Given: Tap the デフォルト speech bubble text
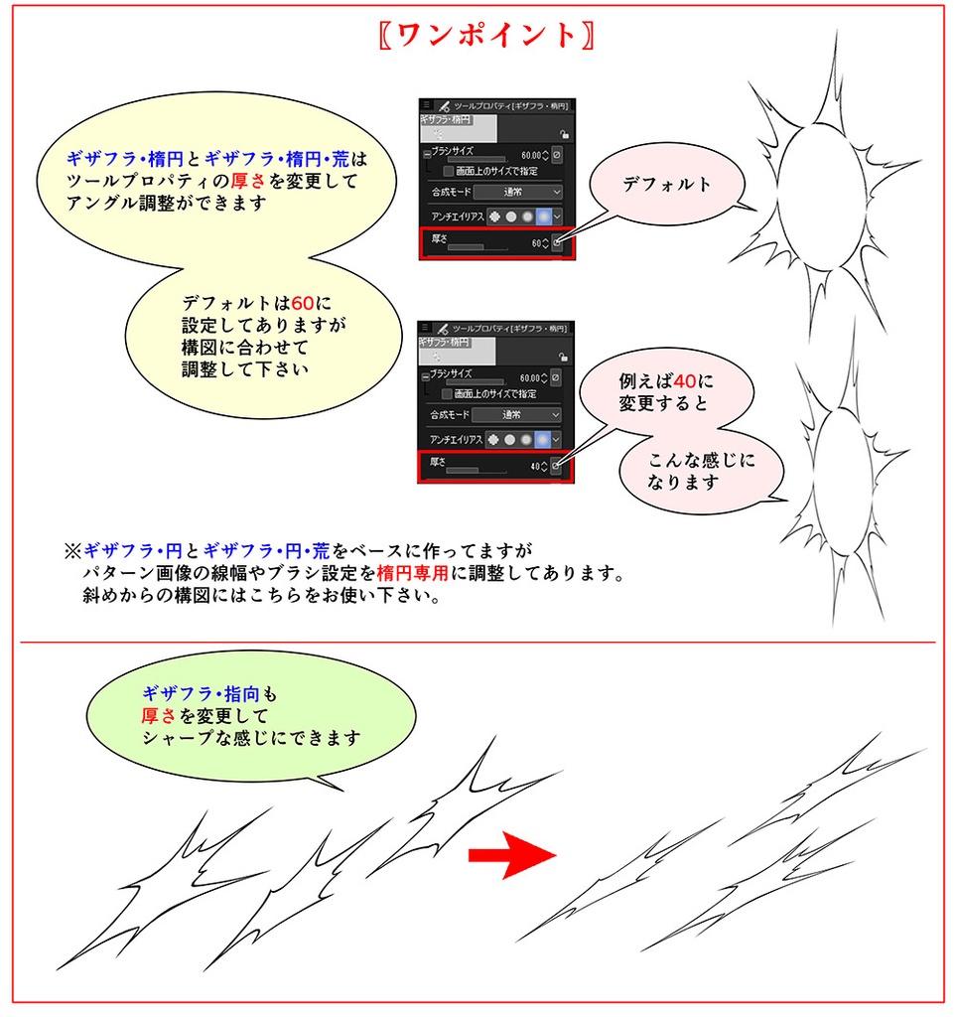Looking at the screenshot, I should tap(667, 184).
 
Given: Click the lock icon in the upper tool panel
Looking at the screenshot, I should tap(564, 136).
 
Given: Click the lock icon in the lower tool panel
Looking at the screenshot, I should tap(564, 358).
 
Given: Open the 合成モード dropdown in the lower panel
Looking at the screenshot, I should tap(516, 414).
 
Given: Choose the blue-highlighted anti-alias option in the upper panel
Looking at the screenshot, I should tap(543, 216).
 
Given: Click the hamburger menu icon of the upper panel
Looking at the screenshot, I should tap(426, 104).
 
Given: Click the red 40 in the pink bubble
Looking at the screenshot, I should tap(684, 380).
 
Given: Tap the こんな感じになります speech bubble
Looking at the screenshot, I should tap(701, 472).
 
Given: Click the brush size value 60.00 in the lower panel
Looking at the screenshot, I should tap(531, 377).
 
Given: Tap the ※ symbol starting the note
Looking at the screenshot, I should tap(72, 549).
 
